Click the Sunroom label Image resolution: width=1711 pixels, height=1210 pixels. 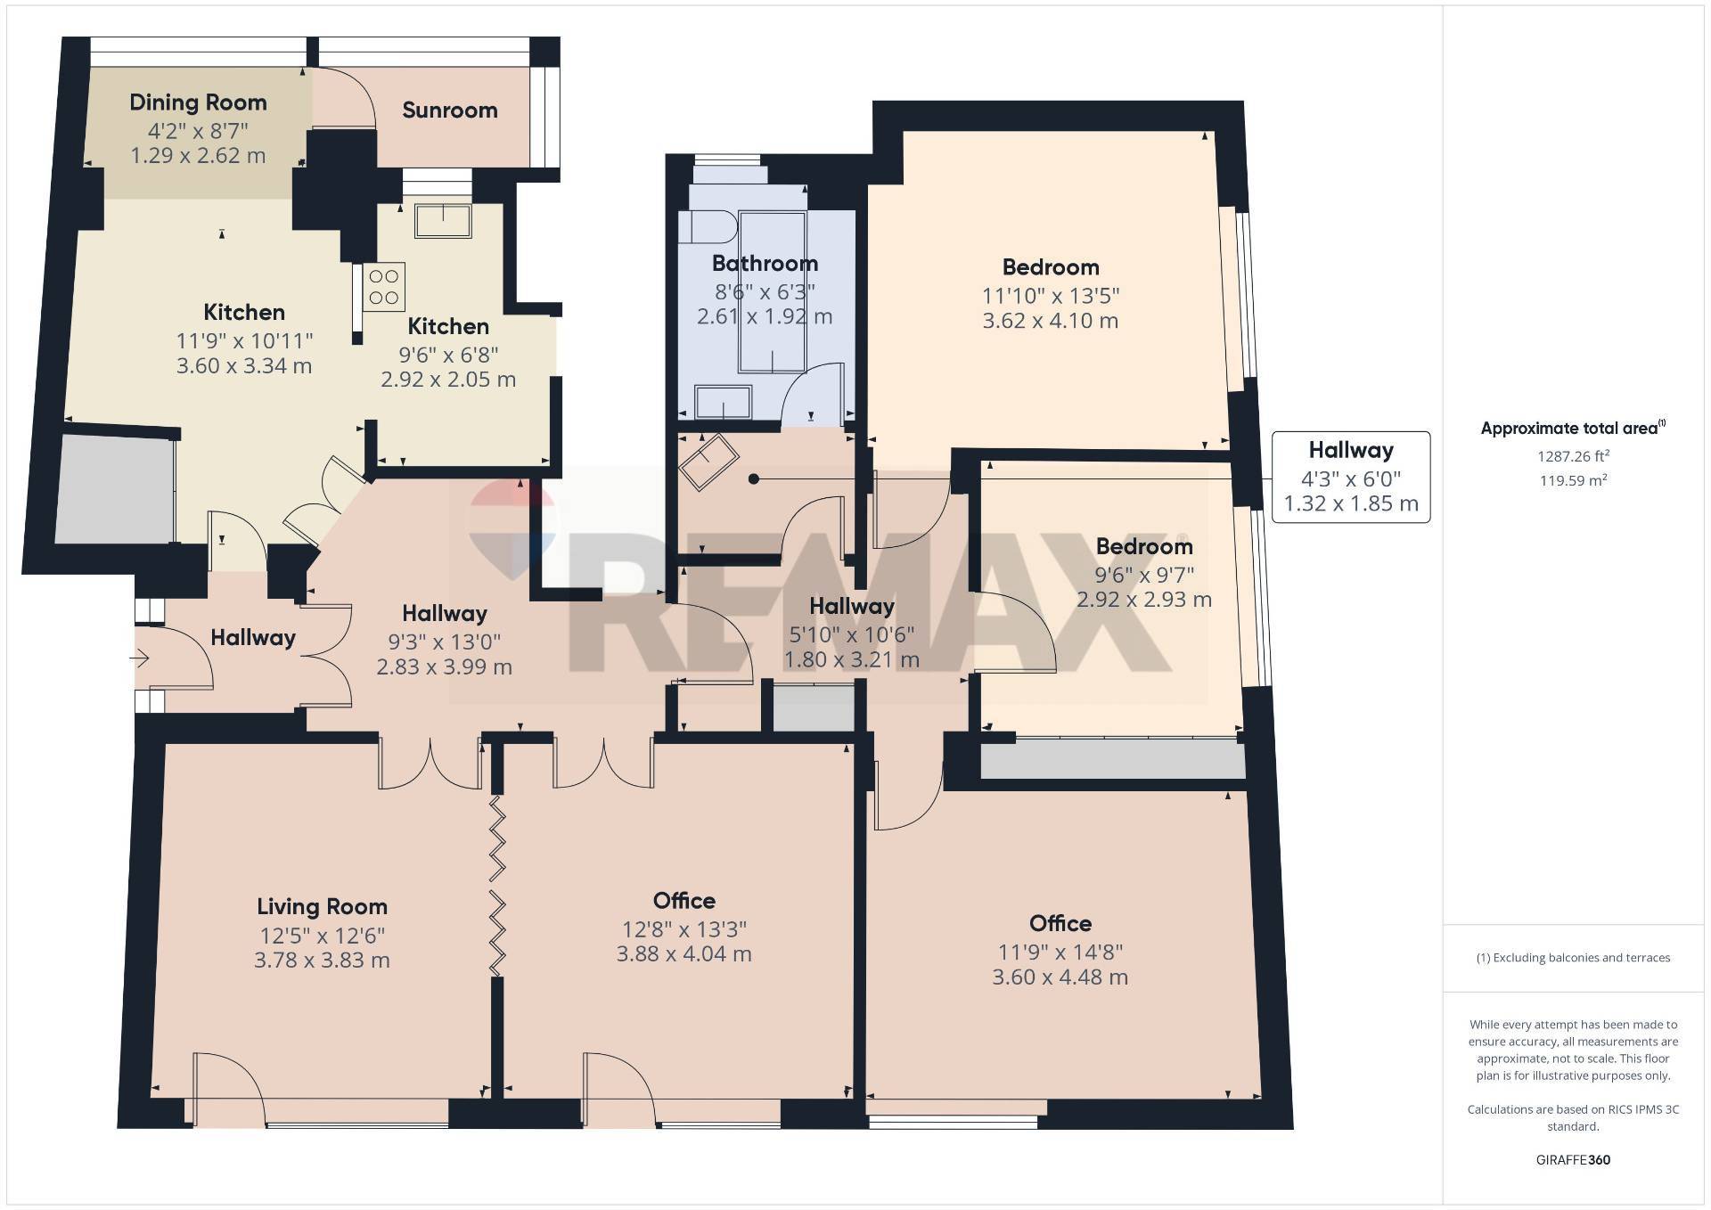[x=449, y=110]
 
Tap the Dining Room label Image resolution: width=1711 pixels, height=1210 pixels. [x=198, y=102]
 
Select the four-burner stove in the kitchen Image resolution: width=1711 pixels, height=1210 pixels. [x=384, y=286]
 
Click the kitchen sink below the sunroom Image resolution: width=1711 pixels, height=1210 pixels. [x=443, y=221]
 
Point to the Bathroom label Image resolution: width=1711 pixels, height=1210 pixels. [x=765, y=264]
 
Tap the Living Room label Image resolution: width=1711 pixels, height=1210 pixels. [x=322, y=907]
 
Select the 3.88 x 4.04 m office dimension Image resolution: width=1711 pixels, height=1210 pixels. [x=684, y=954]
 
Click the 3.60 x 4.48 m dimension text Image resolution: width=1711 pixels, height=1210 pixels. [x=1060, y=977]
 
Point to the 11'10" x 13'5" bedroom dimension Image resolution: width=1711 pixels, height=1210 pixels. [x=1051, y=295]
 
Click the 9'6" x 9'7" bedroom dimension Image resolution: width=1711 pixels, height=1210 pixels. [x=1144, y=575]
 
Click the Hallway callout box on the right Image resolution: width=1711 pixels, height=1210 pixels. [x=1350, y=477]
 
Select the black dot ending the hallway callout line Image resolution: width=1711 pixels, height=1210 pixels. [x=754, y=479]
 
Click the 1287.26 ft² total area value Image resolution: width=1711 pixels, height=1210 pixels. [x=1573, y=456]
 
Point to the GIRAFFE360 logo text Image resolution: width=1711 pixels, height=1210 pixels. [x=1573, y=1160]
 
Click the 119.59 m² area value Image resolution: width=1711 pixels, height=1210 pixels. [x=1573, y=481]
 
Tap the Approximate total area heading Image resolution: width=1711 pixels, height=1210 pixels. [x=1573, y=429]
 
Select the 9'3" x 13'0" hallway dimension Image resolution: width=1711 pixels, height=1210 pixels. [x=444, y=642]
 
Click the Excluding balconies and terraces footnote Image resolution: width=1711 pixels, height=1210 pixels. [x=1573, y=958]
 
